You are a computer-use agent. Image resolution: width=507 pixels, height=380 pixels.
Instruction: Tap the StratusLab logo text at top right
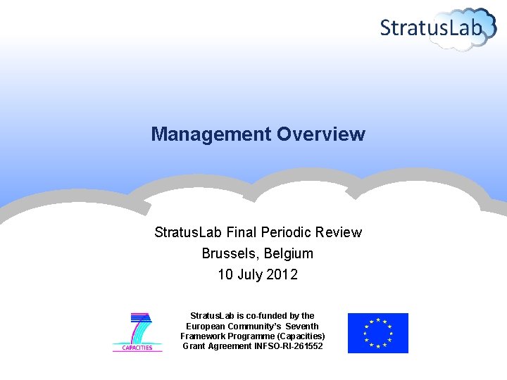point(431,28)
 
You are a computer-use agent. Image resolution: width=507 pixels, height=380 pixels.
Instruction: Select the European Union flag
point(377,333)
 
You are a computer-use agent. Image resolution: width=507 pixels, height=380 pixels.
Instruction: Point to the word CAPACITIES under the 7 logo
point(137,348)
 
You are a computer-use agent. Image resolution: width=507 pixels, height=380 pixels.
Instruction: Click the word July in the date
point(250,275)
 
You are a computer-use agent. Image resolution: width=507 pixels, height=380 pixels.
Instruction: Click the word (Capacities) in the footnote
point(300,336)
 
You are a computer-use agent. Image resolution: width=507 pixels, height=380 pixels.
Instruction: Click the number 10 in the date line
point(225,275)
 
